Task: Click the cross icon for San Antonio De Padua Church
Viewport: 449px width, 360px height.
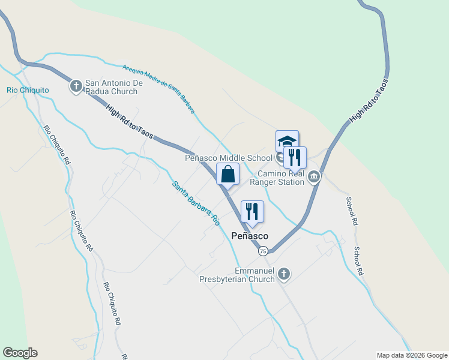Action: pos(76,86)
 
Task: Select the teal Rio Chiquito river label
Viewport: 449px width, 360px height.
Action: pos(28,90)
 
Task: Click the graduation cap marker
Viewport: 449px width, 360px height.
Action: pos(287,142)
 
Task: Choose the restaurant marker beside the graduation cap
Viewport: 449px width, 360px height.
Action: pos(295,157)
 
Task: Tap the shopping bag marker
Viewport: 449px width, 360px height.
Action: pos(228,174)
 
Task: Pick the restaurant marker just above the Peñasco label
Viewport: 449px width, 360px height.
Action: pos(252,211)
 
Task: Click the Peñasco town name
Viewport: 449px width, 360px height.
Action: pos(250,236)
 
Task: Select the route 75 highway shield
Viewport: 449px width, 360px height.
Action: pos(263,251)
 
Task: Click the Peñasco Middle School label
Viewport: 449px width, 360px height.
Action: pos(229,158)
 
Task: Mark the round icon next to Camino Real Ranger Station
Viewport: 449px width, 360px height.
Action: pos(313,177)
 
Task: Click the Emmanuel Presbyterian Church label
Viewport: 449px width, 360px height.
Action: pos(237,275)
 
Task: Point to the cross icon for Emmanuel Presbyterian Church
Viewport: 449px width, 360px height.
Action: pos(284,275)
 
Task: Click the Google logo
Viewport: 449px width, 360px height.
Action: pos(20,352)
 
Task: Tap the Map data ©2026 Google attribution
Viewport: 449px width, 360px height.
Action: pos(411,355)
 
